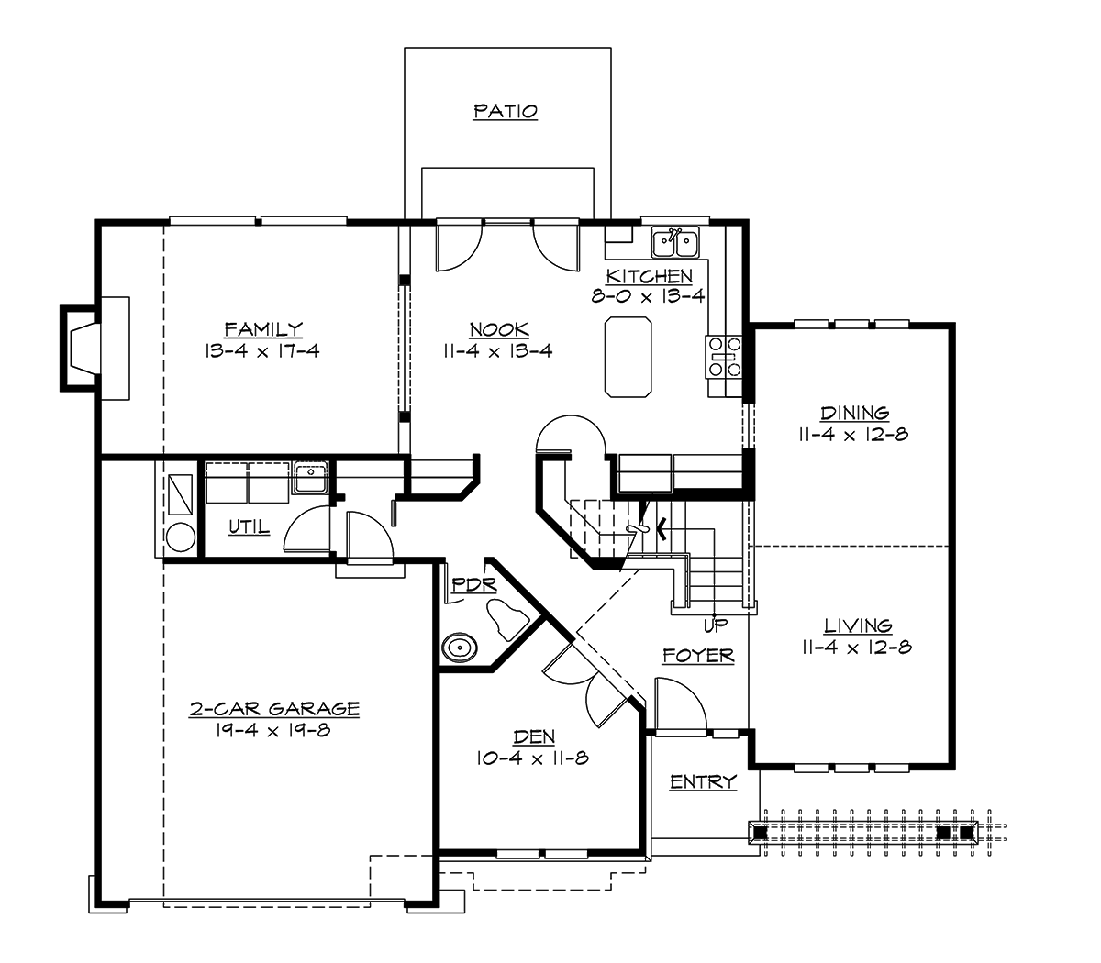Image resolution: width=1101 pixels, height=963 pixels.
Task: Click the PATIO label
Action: (x=505, y=112)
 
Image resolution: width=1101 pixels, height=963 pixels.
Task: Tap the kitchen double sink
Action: (x=674, y=243)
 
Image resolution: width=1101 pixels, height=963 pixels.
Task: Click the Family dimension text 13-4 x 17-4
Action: (x=263, y=350)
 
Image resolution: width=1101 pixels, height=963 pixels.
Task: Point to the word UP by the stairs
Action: (x=715, y=626)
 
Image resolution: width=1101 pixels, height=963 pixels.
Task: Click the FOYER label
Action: (x=698, y=656)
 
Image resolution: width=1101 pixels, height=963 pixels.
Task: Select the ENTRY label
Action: (x=703, y=782)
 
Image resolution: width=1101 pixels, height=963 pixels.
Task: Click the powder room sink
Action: (x=459, y=648)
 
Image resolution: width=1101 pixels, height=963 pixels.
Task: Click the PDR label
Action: (x=473, y=584)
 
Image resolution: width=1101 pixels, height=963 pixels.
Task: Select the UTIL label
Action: (x=249, y=527)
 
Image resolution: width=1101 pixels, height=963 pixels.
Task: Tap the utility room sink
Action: (x=311, y=479)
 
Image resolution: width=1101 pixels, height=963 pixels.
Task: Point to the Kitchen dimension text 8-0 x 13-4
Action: (x=648, y=296)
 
